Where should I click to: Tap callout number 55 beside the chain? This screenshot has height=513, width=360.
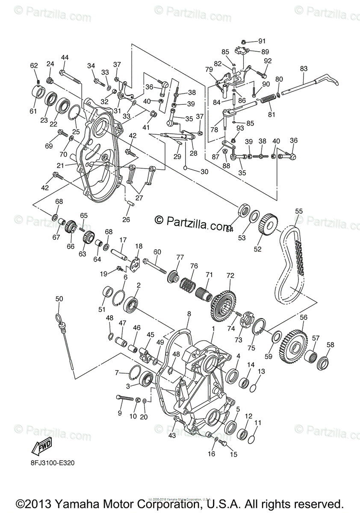coord(299,211)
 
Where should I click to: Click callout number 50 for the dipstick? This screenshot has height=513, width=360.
coord(59,298)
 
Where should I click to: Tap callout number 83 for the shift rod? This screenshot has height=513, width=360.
coord(304,68)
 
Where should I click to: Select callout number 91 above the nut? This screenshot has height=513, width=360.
coord(261,41)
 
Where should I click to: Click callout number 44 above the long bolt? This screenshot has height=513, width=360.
coord(65,58)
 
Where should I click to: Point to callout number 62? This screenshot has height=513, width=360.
coord(34,65)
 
